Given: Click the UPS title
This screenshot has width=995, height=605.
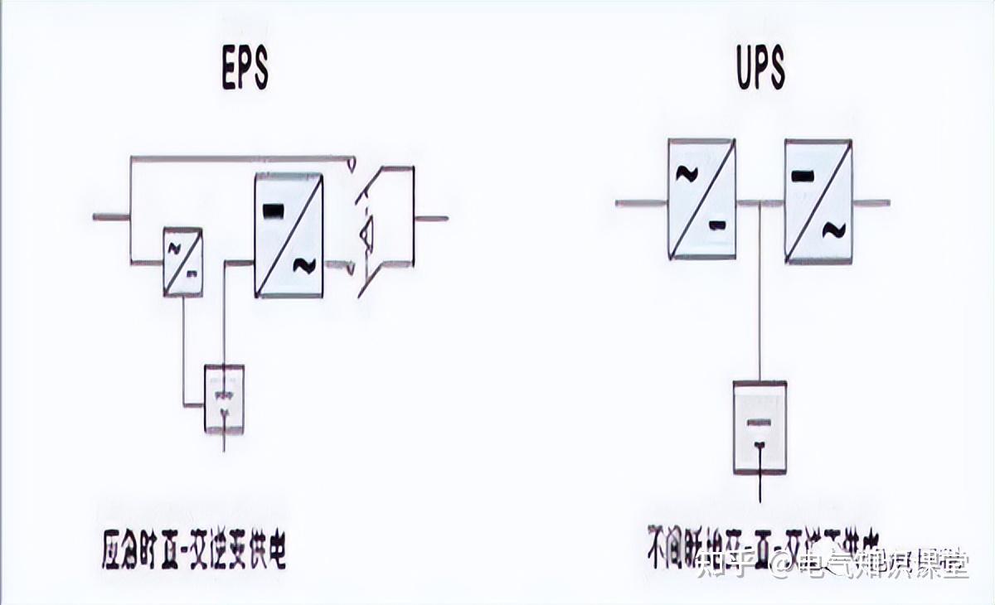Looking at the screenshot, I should coord(760,68).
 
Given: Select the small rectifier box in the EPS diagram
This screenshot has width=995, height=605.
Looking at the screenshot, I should coord(182,262).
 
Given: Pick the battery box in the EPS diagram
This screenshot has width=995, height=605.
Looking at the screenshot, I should coord(225,399).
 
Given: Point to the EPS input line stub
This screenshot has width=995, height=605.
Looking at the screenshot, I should coord(111,218).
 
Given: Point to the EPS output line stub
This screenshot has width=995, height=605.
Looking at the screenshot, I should coord(431,219).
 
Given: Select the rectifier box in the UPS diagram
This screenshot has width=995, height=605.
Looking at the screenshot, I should coord(701,199).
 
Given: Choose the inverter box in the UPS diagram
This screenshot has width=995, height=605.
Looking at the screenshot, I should coord(818,201).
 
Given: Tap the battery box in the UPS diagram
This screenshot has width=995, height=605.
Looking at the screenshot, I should coord(760,428).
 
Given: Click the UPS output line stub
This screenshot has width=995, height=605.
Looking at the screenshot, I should coord(871,202).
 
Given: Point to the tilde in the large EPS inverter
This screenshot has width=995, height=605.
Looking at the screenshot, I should coord(303,265).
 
